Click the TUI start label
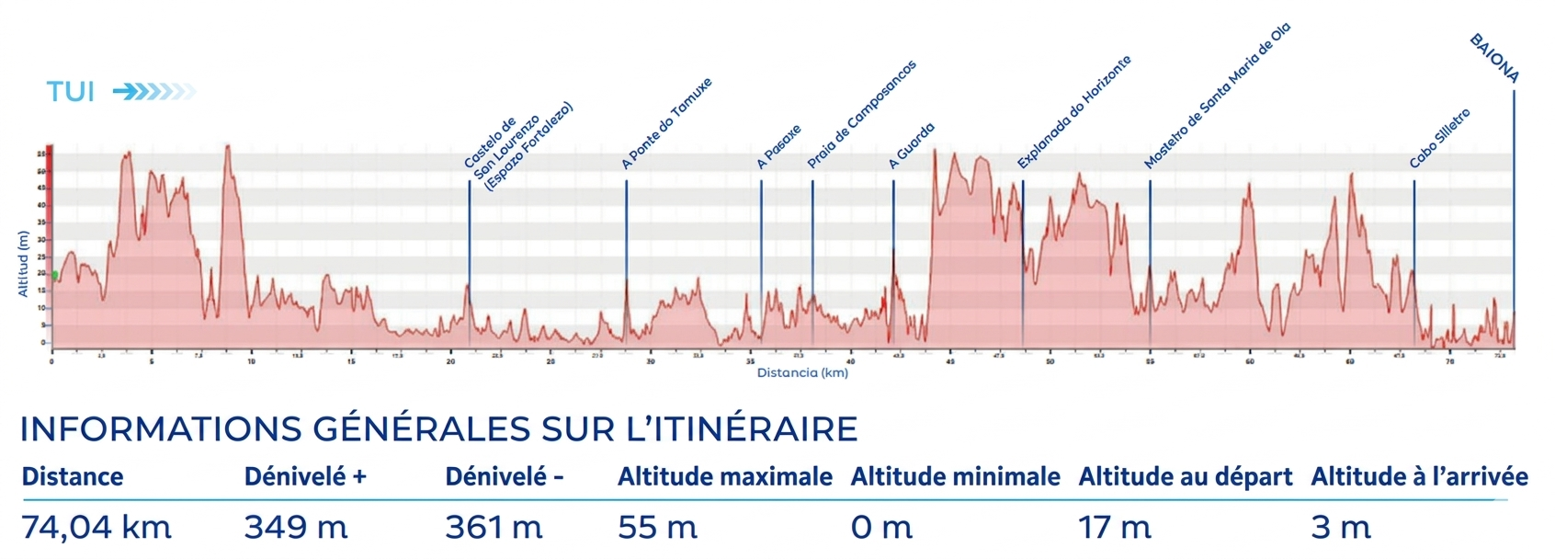click(71, 92)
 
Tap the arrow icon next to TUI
click(154, 91)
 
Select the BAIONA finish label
click(1494, 59)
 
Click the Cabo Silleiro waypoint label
click(1440, 138)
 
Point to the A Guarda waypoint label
click(912, 145)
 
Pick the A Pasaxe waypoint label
click(779, 146)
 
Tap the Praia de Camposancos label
click(861, 115)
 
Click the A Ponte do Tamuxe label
click(667, 124)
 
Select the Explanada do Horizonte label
click(1074, 112)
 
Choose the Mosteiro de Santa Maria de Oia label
click(1217, 97)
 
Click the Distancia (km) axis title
click(802, 373)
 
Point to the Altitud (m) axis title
click(24, 263)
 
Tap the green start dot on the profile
click(54, 275)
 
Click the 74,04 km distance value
click(96, 528)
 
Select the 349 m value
click(296, 528)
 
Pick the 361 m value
click(494, 528)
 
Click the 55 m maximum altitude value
click(657, 528)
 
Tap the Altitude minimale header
click(955, 477)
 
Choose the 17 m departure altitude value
click(1114, 528)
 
